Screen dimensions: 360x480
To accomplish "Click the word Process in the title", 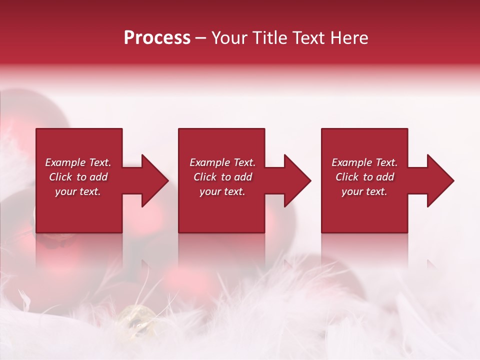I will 157,38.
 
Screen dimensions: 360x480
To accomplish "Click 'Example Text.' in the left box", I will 78,162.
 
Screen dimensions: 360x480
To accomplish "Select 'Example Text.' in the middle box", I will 222,162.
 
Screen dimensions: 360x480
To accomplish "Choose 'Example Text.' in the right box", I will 364,162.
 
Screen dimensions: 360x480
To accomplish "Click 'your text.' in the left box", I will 78,191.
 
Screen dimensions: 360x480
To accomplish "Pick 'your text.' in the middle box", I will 222,191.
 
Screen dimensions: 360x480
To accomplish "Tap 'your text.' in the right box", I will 364,191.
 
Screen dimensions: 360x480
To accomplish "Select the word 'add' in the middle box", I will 243,177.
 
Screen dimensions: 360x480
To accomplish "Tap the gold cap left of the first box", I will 34,220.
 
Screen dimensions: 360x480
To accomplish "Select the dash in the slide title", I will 201,38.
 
